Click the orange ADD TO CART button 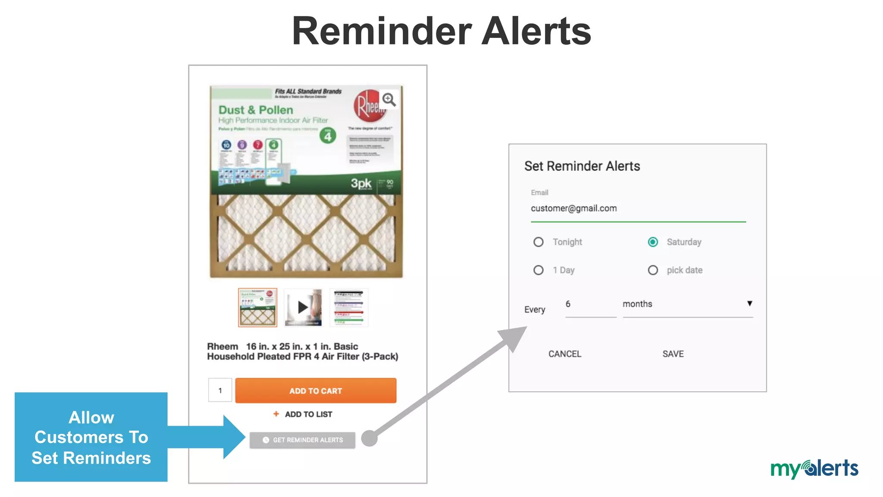pyautogui.click(x=316, y=390)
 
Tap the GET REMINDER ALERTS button pyautogui.click(x=303, y=440)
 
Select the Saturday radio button pyautogui.click(x=653, y=242)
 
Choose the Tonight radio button pyautogui.click(x=539, y=242)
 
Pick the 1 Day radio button pyautogui.click(x=539, y=270)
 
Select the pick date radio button pyautogui.click(x=653, y=270)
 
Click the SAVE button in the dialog pyautogui.click(x=673, y=354)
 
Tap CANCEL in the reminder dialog pyautogui.click(x=565, y=354)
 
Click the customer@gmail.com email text pyautogui.click(x=574, y=208)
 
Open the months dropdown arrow pyautogui.click(x=750, y=303)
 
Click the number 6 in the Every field pyautogui.click(x=568, y=304)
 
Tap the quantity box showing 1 pyautogui.click(x=220, y=390)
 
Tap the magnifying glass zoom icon pyautogui.click(x=389, y=100)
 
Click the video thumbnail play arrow pyautogui.click(x=303, y=307)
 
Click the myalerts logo pyautogui.click(x=814, y=469)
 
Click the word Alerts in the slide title pyautogui.click(x=536, y=31)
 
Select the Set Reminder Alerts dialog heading pyautogui.click(x=582, y=166)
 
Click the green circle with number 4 pyautogui.click(x=328, y=136)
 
